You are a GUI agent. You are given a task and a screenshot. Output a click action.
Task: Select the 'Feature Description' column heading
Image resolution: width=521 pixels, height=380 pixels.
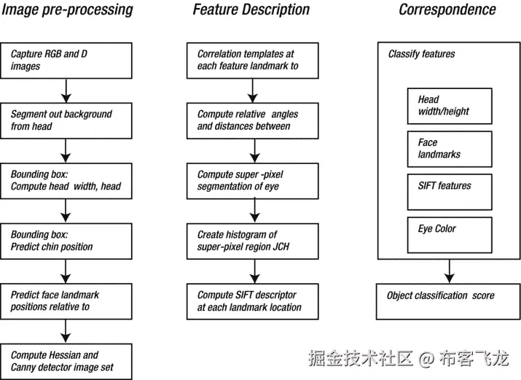pos(251,10)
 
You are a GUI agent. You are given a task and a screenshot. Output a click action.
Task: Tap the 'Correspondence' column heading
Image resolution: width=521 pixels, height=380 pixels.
pos(447,10)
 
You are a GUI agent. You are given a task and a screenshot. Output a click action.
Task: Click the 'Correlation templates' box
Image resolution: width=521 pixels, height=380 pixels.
pos(254,60)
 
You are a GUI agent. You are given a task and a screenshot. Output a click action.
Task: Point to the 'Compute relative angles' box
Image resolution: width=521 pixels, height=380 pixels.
pos(254,120)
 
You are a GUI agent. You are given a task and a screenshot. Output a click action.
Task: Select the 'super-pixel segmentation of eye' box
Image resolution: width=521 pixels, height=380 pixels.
pos(254,181)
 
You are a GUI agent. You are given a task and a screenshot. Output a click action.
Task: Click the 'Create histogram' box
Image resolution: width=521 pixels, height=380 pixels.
pos(254,241)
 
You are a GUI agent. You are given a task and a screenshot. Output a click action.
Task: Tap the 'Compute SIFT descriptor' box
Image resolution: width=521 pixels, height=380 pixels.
pos(254,301)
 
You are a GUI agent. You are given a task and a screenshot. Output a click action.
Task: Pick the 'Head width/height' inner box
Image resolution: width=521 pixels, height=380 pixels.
pos(449,106)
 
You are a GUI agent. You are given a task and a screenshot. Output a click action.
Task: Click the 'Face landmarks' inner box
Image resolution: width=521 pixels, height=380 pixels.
pos(449,149)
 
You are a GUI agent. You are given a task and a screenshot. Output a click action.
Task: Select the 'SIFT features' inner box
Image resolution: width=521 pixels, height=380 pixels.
pos(449,192)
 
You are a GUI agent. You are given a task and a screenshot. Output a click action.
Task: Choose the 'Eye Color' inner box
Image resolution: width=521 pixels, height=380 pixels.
pos(449,235)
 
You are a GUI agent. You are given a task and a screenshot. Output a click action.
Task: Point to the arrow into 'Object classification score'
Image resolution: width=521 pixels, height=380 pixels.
pos(449,272)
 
